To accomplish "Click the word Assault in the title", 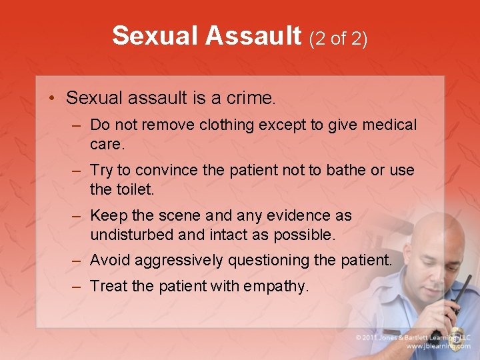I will tap(254, 36).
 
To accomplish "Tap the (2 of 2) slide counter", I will tap(337, 39).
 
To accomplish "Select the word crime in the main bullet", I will tap(250, 99).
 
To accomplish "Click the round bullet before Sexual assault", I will tap(51, 99).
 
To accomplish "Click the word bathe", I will tap(346, 171).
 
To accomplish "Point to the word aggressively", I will tap(179, 260).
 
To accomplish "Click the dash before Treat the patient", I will tap(77, 287).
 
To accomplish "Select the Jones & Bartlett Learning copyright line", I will tap(413, 337).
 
